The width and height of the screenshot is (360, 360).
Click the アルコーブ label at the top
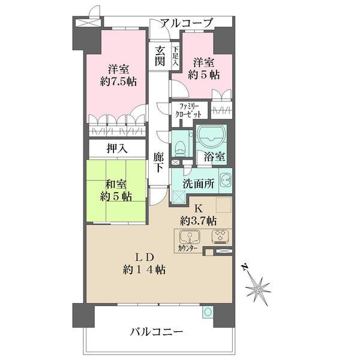[x=186, y=23]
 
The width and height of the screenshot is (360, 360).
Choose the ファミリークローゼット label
[x=190, y=110]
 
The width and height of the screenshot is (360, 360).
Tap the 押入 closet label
[x=117, y=148]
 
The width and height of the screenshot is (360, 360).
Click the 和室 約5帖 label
[x=113, y=189]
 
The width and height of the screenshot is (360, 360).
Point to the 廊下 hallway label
[x=158, y=162]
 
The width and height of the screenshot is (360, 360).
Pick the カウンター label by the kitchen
[x=188, y=246]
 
